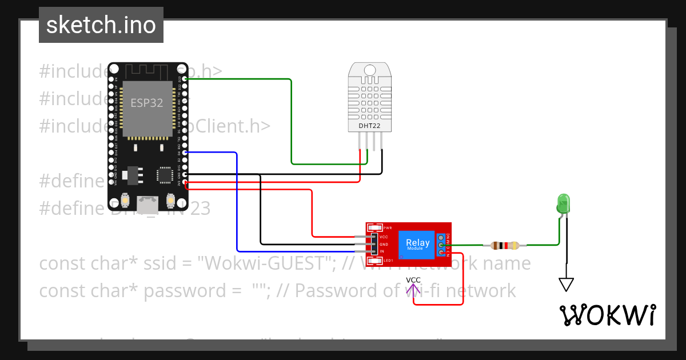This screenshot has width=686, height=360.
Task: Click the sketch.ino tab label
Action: coord(101,25)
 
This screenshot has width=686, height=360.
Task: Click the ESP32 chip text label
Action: coord(147,103)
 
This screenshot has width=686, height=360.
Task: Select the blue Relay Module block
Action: coord(418,244)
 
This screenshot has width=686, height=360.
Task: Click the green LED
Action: coord(563,203)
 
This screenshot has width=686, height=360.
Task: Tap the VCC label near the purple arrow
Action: coord(413,279)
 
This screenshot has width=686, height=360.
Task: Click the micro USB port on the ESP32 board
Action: coord(149,203)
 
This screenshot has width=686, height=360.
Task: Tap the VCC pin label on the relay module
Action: coord(384,237)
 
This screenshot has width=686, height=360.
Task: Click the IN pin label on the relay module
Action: coord(382,251)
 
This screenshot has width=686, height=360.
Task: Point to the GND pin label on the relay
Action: coord(384,244)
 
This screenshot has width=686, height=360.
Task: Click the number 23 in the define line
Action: coord(201,209)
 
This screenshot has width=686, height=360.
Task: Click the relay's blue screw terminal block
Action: coord(441,245)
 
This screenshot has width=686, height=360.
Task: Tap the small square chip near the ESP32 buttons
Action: coord(165,175)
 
